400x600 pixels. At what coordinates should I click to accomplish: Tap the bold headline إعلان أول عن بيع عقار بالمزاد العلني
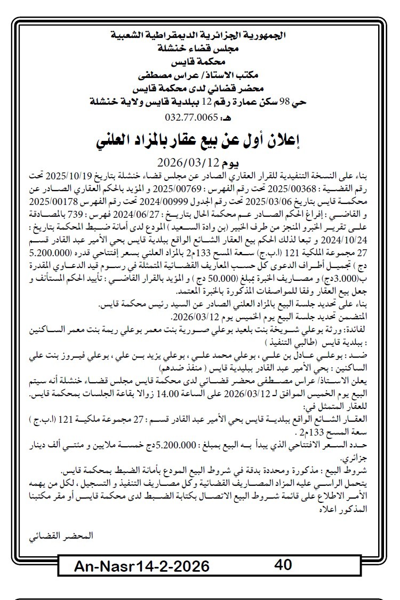(x=201, y=140)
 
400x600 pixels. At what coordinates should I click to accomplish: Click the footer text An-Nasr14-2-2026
(x=141, y=566)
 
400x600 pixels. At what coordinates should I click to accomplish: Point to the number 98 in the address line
(x=294, y=100)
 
